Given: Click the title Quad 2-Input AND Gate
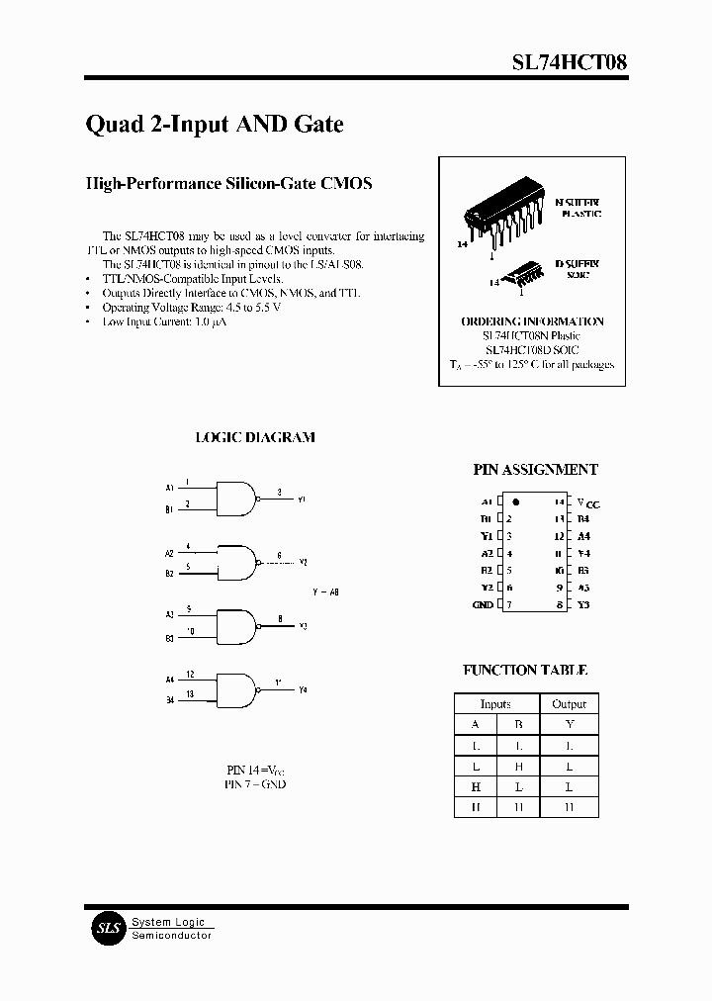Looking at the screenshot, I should coord(215,125).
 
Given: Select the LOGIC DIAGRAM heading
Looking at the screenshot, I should coord(255,437).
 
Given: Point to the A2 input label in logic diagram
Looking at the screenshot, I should coord(169,554).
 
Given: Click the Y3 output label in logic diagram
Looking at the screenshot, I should coord(303,626).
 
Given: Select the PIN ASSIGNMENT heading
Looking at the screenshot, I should coord(535,470).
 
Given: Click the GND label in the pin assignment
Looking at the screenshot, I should coord(483,604).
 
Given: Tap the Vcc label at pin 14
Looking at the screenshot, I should coord(587,502).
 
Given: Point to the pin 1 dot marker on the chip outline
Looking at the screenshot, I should coord(515,501).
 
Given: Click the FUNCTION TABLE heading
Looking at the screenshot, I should coord(525,670).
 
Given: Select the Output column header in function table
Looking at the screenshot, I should coord(569,704).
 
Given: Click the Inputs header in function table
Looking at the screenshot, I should coord(495,704).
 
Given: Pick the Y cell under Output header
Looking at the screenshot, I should coord(569,724).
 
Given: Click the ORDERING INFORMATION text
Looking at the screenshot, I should coord(532,321).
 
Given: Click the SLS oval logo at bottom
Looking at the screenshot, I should coord(106,928).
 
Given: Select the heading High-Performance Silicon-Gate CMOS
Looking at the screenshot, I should coord(228,184).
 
